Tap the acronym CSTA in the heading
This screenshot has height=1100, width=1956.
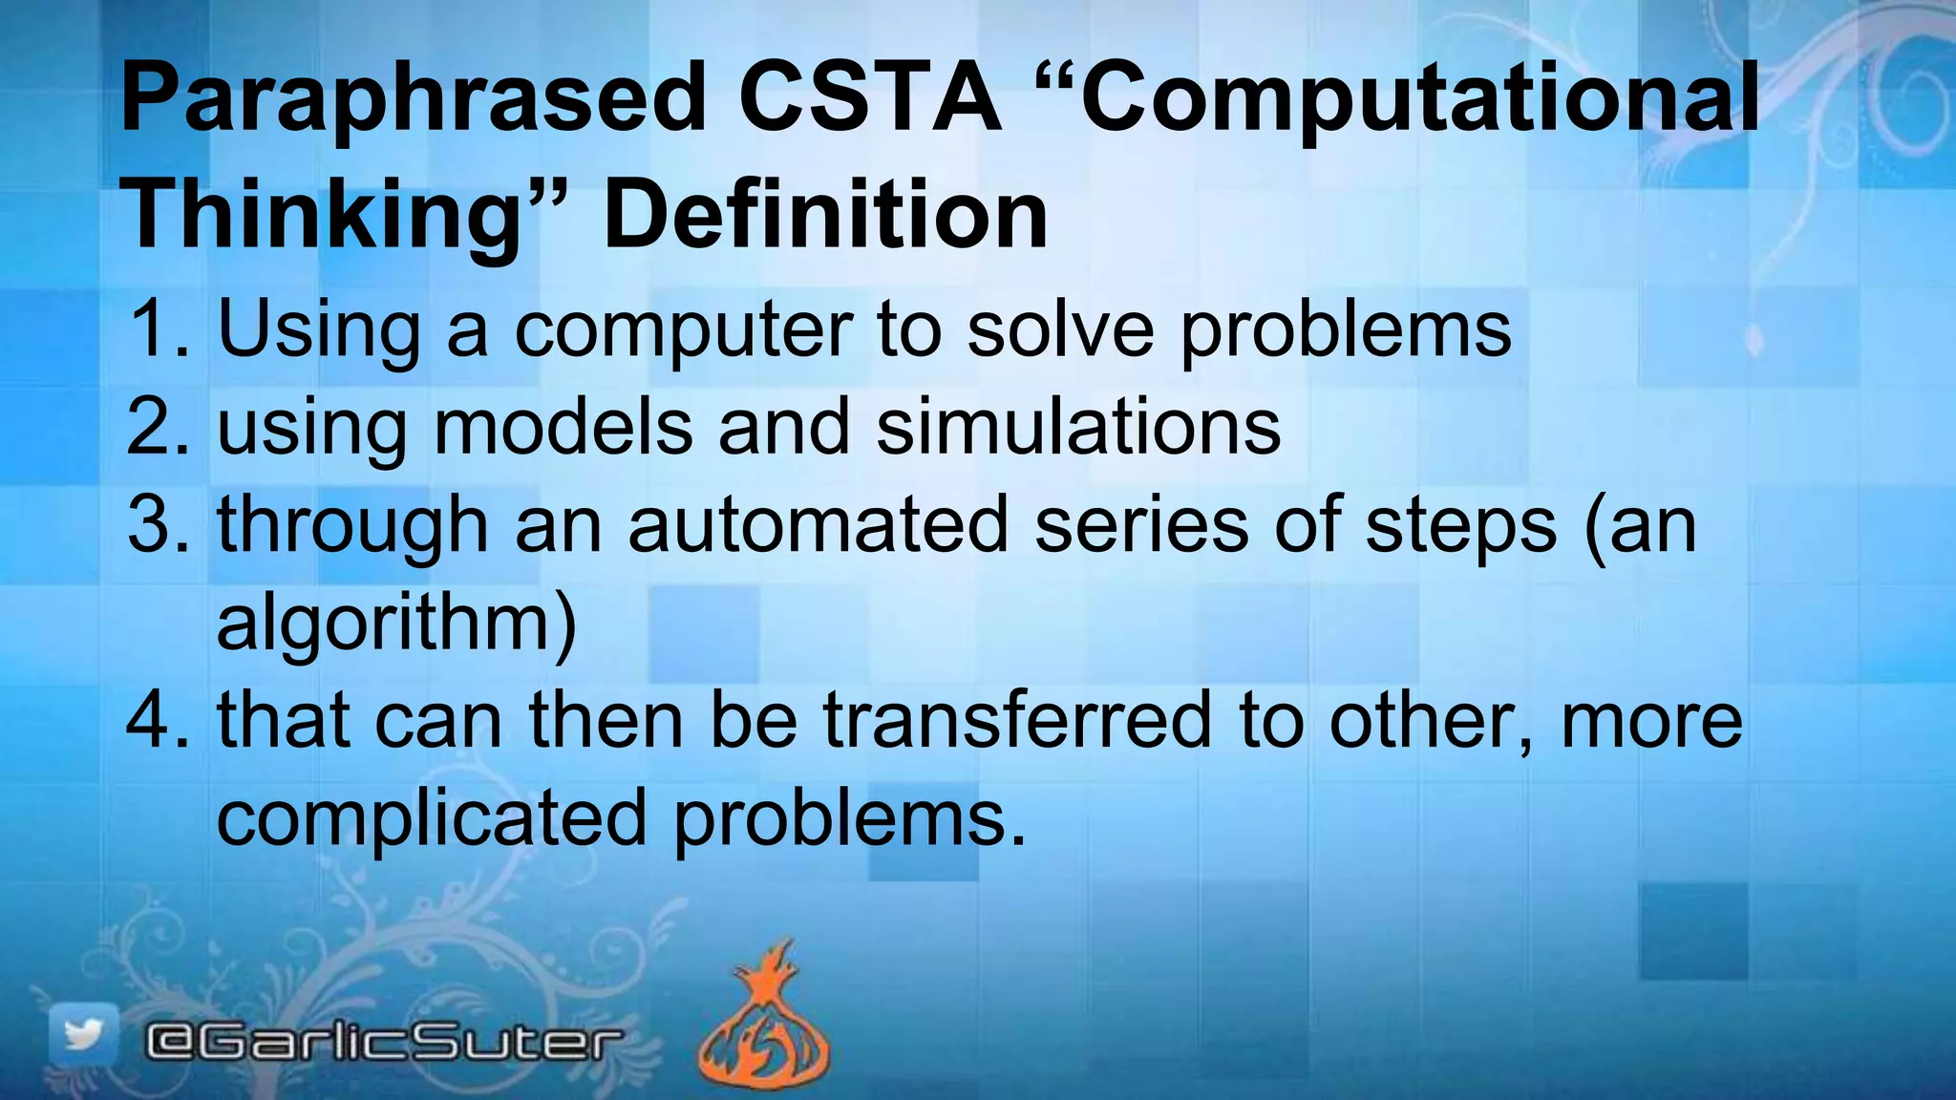pos(870,96)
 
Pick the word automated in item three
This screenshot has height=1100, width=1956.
pos(819,524)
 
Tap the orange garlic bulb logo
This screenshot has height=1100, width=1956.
pos(764,1022)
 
